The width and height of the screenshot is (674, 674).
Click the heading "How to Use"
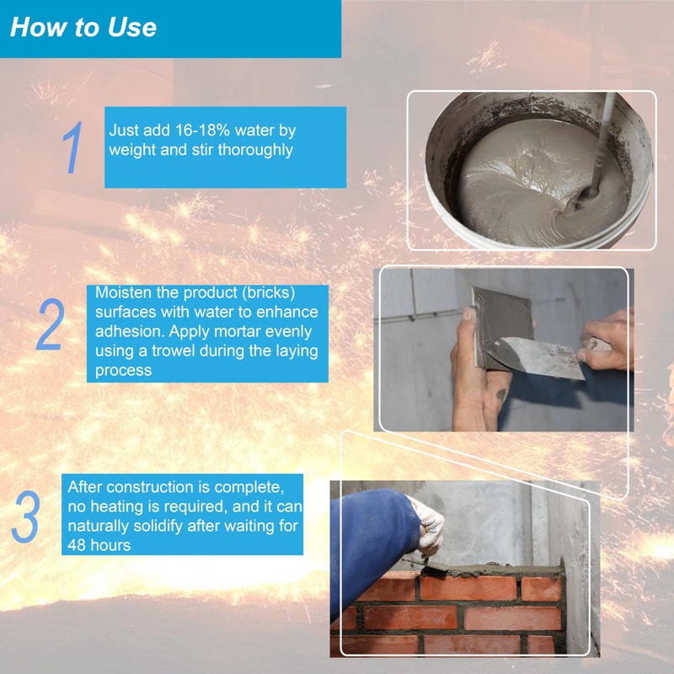tap(83, 27)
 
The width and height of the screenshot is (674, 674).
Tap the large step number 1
tap(72, 147)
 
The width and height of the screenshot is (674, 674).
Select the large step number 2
tap(51, 324)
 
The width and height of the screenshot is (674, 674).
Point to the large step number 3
tap(26, 516)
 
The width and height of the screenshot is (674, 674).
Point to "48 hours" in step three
tap(99, 545)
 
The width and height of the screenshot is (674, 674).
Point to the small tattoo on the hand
tap(500, 394)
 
